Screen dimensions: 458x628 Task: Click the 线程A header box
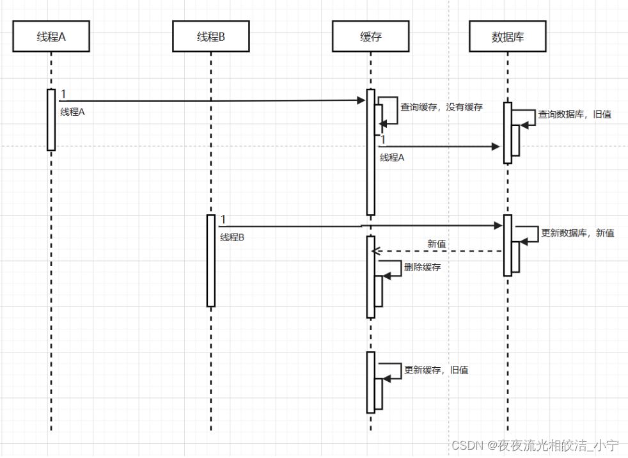click(51, 36)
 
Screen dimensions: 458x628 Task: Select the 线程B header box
click(210, 36)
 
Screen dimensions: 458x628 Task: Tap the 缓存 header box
click(370, 36)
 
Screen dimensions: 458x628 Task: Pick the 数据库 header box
click(508, 36)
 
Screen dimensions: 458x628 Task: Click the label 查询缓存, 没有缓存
click(441, 107)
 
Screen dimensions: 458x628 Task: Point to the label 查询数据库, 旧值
click(574, 114)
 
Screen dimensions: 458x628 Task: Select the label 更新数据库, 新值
click(577, 233)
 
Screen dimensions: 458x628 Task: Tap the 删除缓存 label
click(422, 267)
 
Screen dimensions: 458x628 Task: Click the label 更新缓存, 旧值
click(436, 370)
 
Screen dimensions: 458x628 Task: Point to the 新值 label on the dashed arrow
click(436, 244)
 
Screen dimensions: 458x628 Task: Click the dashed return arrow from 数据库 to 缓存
click(441, 251)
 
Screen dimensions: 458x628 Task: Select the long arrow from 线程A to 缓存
click(211, 100)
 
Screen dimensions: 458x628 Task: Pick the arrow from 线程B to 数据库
click(358, 226)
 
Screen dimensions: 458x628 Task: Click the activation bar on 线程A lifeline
click(51, 120)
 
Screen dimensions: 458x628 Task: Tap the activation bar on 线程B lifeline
click(211, 260)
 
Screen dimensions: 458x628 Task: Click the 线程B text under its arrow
click(232, 237)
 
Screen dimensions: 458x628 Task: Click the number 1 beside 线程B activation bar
click(223, 220)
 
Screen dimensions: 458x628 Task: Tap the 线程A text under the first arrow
click(72, 111)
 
